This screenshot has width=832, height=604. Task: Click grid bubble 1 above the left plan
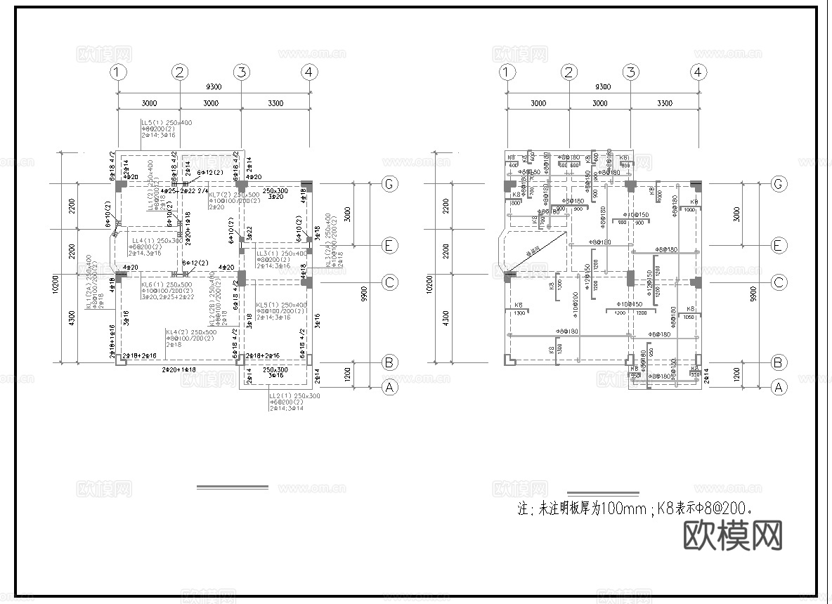click(x=119, y=72)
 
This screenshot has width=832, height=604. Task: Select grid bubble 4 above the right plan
click(x=697, y=72)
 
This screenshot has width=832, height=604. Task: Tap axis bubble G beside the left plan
click(x=389, y=184)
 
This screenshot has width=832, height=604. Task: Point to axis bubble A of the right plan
click(x=778, y=386)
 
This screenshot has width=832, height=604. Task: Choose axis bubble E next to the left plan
click(x=389, y=245)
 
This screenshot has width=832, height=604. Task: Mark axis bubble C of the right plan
click(x=778, y=282)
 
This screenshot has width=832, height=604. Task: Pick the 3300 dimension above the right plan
click(x=663, y=103)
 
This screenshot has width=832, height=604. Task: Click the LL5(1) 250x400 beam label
click(x=167, y=123)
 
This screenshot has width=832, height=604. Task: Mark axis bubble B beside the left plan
click(x=389, y=362)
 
